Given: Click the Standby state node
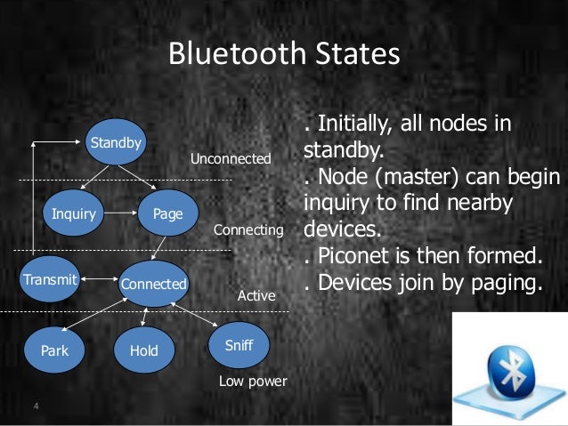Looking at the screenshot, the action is click(x=115, y=142).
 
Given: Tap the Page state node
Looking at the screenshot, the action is click(x=167, y=214).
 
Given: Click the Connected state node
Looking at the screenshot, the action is click(x=153, y=285).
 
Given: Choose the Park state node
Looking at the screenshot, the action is click(x=54, y=350).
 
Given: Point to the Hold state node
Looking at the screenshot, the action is click(x=143, y=350).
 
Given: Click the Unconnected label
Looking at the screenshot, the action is click(x=231, y=158).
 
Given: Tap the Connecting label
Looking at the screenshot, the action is click(x=248, y=230).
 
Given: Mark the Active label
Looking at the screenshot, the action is click(x=256, y=294).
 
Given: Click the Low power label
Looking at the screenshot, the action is click(x=253, y=382).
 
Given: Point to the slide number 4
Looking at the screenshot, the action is click(x=36, y=407).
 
